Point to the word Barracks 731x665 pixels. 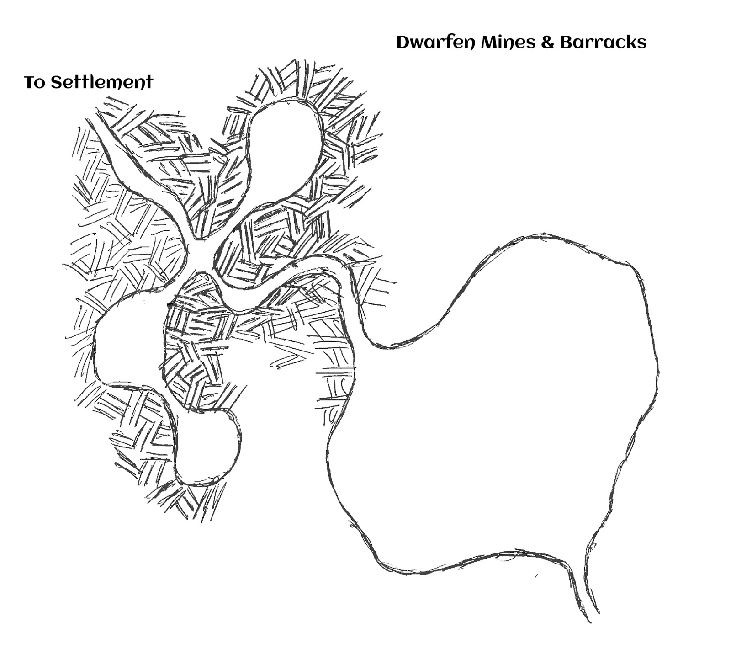(x=603, y=43)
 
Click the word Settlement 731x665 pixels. (x=101, y=83)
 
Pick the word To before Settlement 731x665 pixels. (x=34, y=83)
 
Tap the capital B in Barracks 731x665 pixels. (x=565, y=43)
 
